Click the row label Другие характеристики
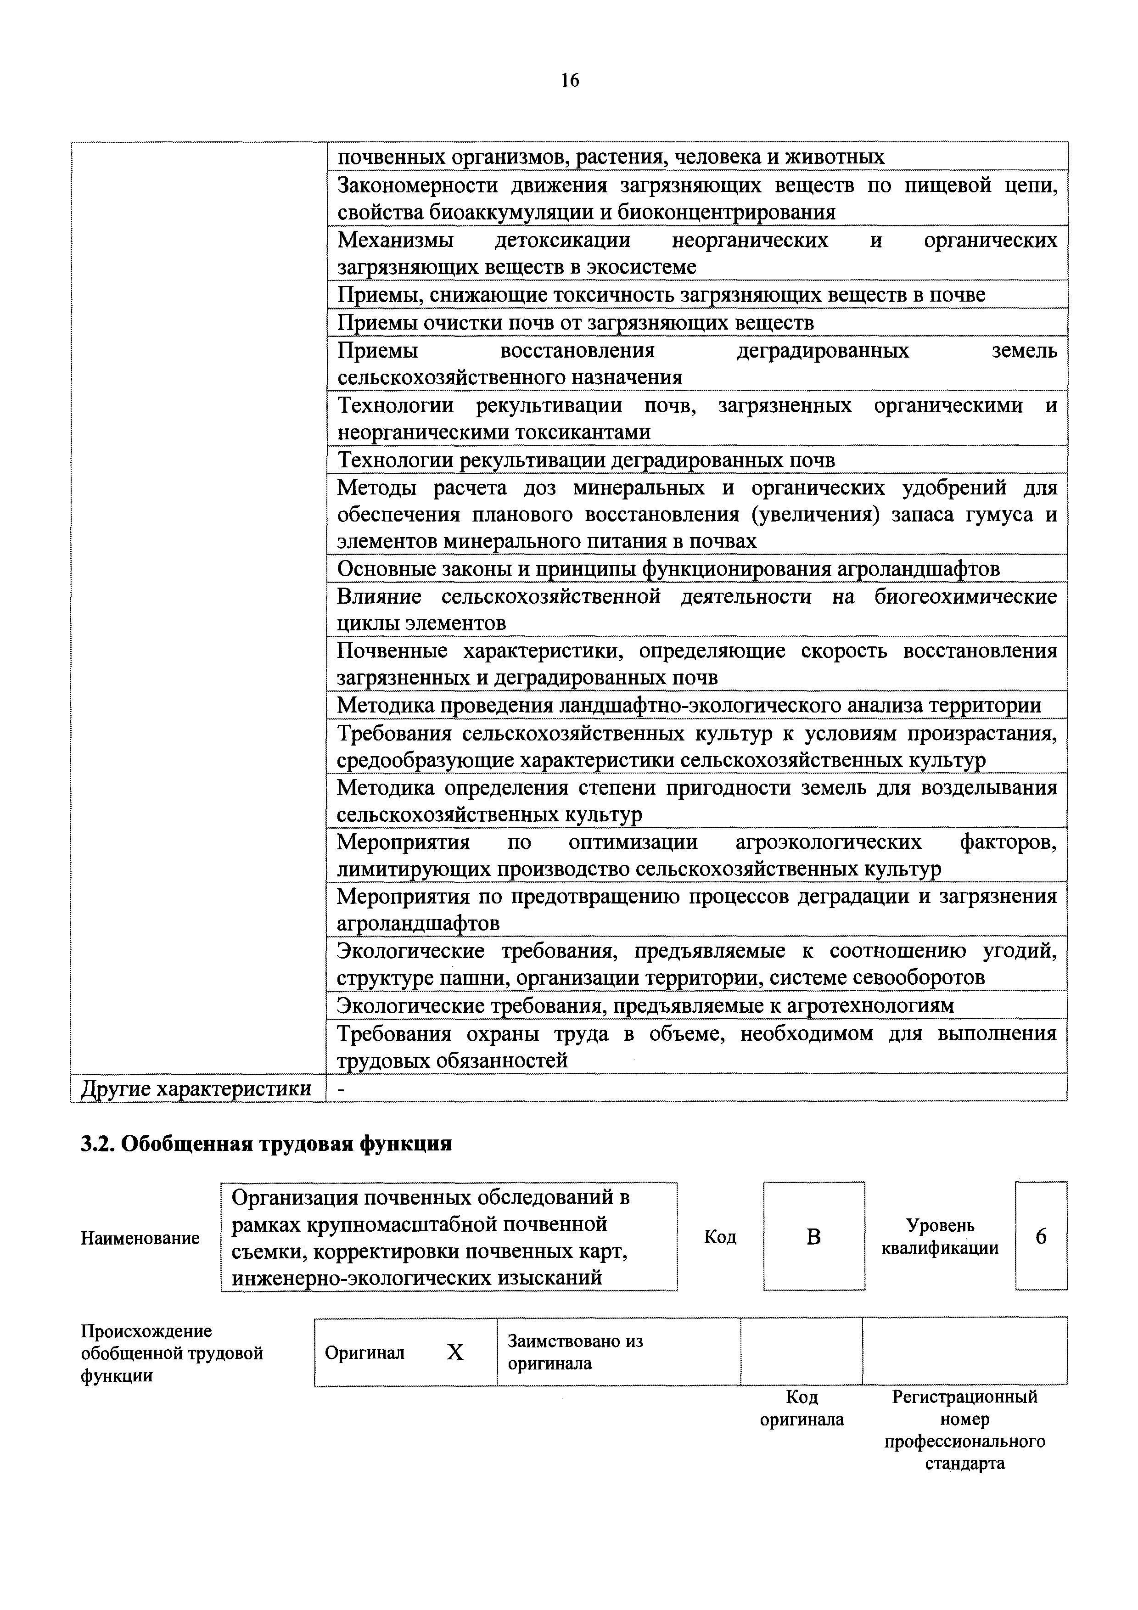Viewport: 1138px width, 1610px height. click(x=196, y=1088)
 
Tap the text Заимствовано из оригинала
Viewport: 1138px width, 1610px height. click(x=575, y=1352)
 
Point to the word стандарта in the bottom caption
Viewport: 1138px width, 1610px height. click(x=965, y=1464)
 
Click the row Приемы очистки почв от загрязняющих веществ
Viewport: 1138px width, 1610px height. click(x=575, y=323)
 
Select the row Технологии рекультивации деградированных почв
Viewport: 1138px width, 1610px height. click(x=586, y=461)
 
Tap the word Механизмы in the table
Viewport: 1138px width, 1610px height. click(x=395, y=241)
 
